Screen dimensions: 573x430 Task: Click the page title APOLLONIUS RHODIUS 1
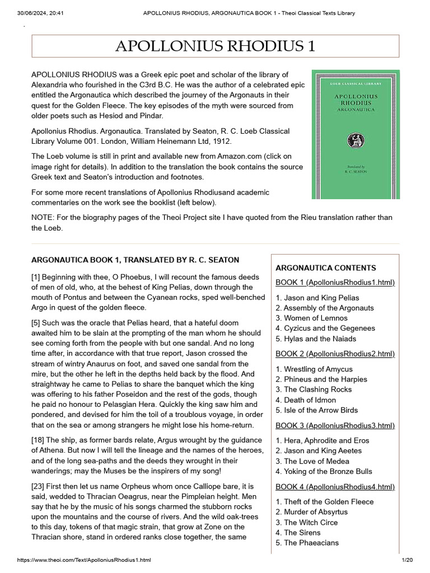(x=215, y=46)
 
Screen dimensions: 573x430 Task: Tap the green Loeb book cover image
(x=356, y=134)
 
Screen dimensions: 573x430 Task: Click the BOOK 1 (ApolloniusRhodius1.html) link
(x=335, y=282)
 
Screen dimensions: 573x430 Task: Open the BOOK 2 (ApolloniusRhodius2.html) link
(x=335, y=354)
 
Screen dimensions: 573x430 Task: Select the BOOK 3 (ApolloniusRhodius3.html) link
(x=335, y=425)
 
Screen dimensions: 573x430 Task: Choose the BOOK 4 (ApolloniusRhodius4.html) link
(x=335, y=486)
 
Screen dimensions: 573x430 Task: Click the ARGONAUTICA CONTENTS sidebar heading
(x=326, y=268)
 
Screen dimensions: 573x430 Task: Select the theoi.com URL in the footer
(x=85, y=560)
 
